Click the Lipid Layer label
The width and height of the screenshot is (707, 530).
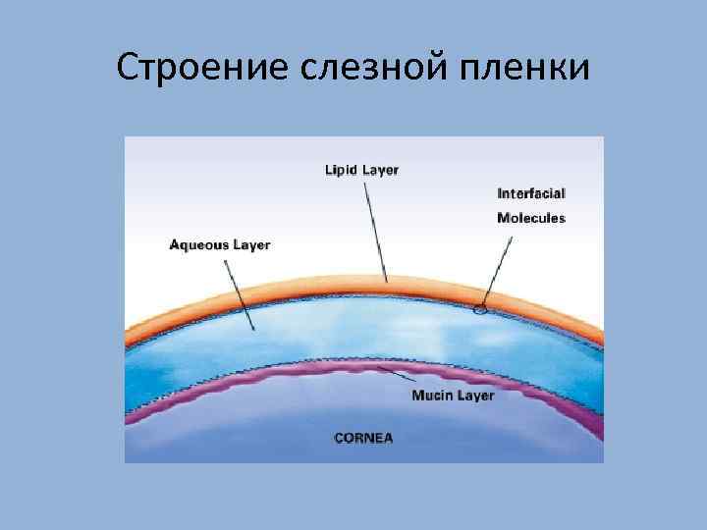[361, 170]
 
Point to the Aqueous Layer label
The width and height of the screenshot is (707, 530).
[220, 243]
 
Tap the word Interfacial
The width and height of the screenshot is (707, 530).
[530, 194]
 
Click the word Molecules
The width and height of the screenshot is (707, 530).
[530, 218]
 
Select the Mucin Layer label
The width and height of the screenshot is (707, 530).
[453, 396]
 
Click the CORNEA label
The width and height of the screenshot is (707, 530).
[363, 438]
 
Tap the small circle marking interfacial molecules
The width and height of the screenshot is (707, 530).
[479, 311]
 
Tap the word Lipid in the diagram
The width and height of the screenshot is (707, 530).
[341, 170]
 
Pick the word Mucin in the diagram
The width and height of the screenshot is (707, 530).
[431, 396]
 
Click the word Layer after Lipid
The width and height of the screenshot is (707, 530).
[380, 170]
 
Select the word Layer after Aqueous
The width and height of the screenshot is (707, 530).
[251, 243]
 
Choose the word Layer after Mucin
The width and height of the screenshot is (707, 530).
[475, 396]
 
